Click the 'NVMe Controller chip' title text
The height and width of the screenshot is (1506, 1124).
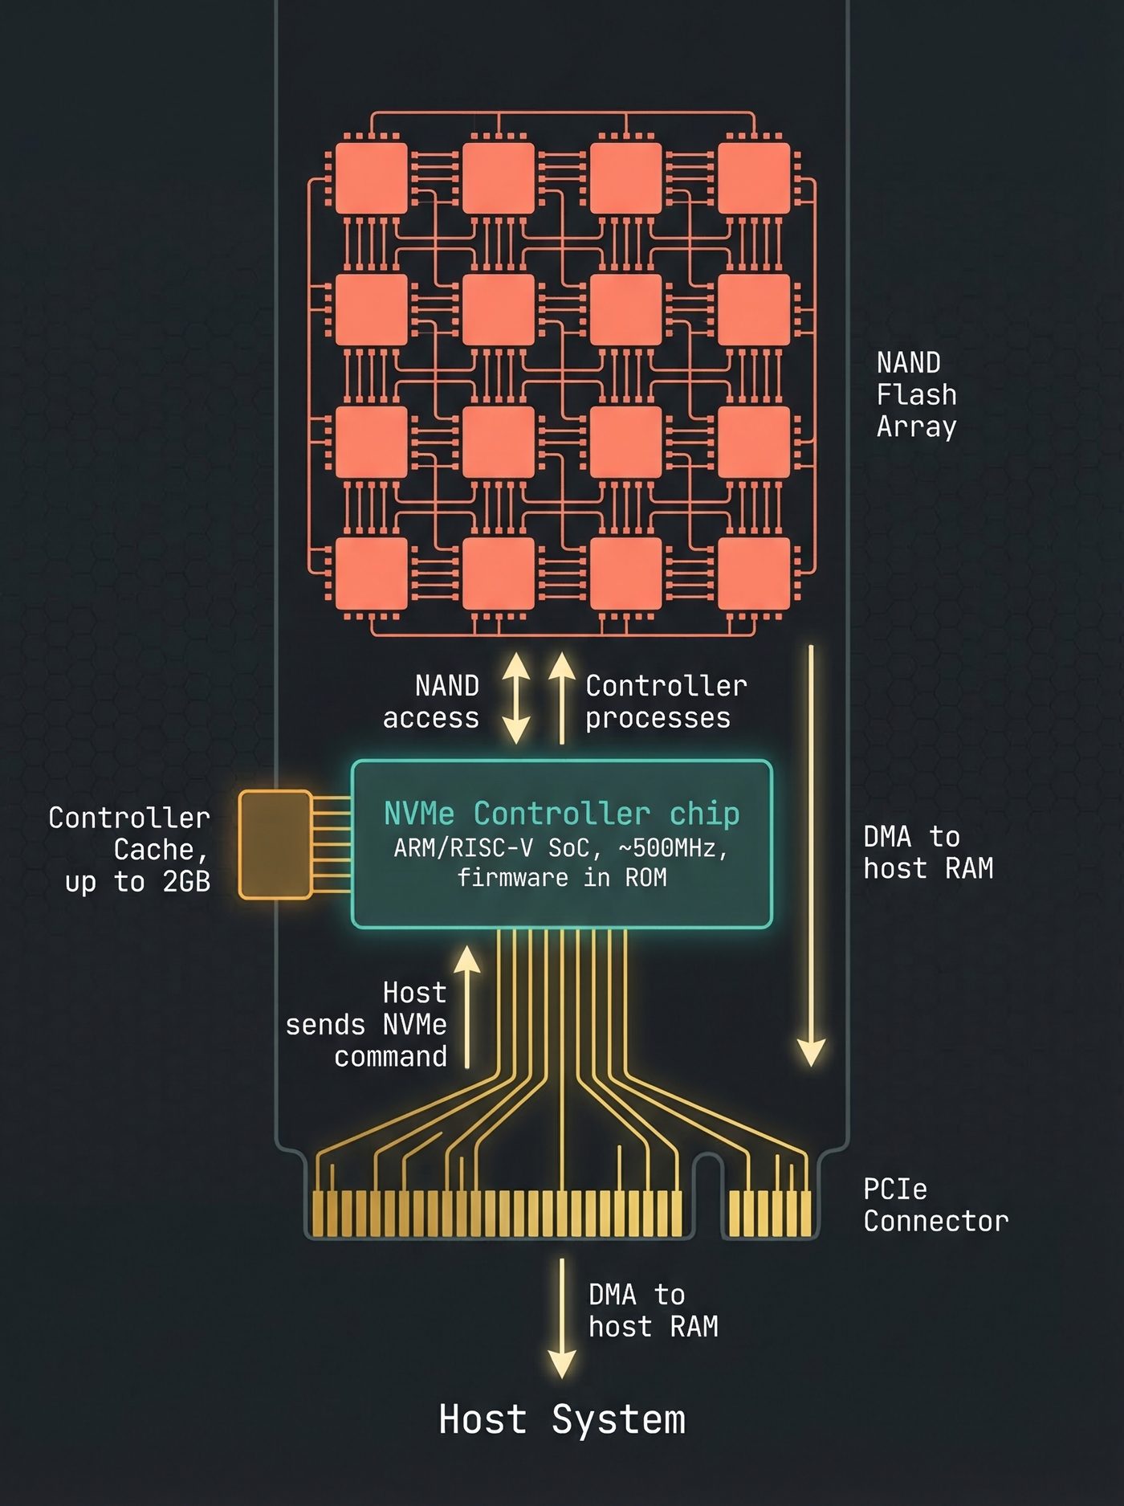coord(561,814)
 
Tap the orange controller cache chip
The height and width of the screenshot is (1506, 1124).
coord(275,844)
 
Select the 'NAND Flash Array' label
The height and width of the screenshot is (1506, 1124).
coord(916,394)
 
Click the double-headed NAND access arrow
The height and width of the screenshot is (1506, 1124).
coord(515,698)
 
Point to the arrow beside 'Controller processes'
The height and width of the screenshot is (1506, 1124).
coord(562,698)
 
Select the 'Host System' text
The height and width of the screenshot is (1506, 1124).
coord(562,1419)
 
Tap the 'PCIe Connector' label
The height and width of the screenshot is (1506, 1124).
coord(935,1205)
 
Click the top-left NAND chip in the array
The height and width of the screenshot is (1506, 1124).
coord(371,178)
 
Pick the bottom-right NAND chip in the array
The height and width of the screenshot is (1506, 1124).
coord(753,573)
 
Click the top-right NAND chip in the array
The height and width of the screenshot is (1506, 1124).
coord(753,178)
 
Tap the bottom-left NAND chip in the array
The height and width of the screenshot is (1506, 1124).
coord(371,573)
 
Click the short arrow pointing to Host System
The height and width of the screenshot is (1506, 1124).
coord(562,1317)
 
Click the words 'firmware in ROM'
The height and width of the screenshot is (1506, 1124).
coord(562,878)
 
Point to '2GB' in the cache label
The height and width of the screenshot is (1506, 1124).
coord(186,882)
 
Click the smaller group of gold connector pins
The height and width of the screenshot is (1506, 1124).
coord(769,1213)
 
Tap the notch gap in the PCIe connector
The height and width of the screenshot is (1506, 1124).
coord(707,1197)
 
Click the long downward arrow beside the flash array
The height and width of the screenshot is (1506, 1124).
coord(811,855)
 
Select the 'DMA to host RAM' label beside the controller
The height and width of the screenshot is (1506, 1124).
coord(928,852)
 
